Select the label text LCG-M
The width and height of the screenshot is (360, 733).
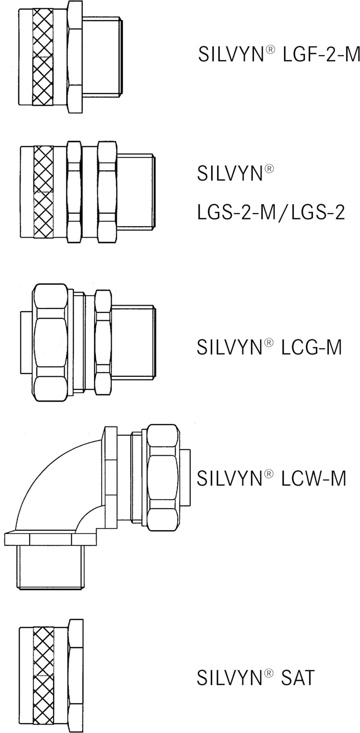[x=311, y=347]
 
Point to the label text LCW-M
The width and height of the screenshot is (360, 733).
[x=313, y=478]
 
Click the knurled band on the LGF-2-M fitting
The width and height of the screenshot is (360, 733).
[x=43, y=57]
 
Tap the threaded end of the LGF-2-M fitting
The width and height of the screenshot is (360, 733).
[x=102, y=57]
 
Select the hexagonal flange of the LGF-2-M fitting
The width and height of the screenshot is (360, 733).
[x=75, y=57]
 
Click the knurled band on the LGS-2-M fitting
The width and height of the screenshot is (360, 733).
[x=43, y=192]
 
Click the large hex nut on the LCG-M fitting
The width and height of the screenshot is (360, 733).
[x=51, y=342]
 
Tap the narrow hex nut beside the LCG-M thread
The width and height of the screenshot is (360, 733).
[x=103, y=342]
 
